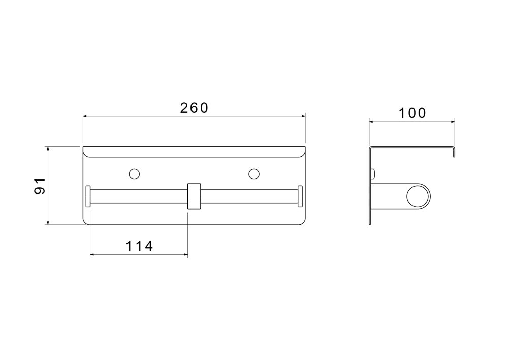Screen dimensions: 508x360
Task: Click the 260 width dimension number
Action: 194,108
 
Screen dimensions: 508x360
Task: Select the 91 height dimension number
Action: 40,186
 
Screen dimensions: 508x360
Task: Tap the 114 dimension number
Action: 139,246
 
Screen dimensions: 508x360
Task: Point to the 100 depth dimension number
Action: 412,113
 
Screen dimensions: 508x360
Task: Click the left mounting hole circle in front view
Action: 134,174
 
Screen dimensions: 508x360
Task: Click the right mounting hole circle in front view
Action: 254,174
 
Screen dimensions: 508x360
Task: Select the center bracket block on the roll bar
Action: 194,197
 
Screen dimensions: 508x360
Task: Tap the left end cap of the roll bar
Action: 88,196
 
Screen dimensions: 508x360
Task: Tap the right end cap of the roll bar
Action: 300,196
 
